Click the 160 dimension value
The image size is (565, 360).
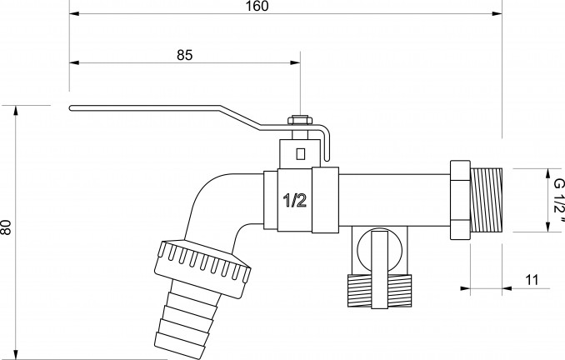point(257,6)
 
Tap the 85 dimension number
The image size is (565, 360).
point(184,55)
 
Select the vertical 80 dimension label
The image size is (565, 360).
point(6,227)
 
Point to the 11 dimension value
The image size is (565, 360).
point(532,280)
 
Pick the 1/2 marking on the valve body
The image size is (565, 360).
point(295,200)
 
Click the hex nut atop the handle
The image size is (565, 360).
point(300,120)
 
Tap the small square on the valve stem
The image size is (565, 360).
point(300,154)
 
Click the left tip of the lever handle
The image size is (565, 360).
point(70,108)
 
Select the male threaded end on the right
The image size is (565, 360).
point(487,200)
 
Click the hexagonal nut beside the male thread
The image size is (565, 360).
point(460,200)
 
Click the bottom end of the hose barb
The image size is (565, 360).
point(178,352)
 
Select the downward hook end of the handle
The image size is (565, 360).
point(327,158)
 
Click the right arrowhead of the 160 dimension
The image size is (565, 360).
point(497,13)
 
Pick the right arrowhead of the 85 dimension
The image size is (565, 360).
point(296,62)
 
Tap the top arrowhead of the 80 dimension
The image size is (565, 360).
point(16,110)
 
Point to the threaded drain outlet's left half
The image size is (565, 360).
point(360,291)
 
